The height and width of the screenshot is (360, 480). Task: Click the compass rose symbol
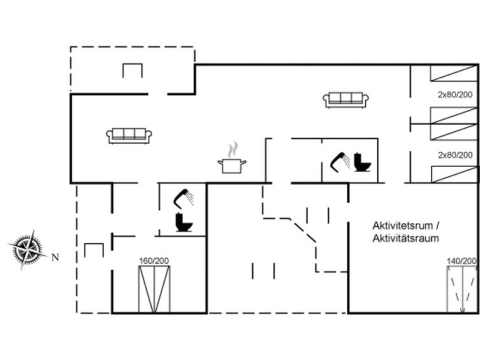coord(28,249)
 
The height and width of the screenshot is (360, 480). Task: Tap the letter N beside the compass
coord(55,258)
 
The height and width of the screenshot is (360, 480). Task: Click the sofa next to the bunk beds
coord(346,100)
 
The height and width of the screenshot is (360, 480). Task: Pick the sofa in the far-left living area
coord(129,135)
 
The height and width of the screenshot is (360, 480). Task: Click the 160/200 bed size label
coord(154,261)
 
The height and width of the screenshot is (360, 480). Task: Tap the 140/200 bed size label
coord(462,261)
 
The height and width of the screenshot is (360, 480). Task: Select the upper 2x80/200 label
coord(455,95)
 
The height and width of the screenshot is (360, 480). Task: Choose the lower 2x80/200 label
coord(455,155)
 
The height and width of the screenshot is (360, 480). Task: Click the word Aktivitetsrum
coord(403,226)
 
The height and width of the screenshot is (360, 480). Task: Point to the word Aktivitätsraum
coord(406,238)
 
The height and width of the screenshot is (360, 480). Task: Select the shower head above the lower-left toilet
coord(183,198)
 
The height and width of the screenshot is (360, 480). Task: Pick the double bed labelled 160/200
coord(154,289)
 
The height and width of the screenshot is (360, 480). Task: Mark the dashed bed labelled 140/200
coord(462,289)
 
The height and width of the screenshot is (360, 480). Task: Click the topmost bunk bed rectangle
coord(454,73)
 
